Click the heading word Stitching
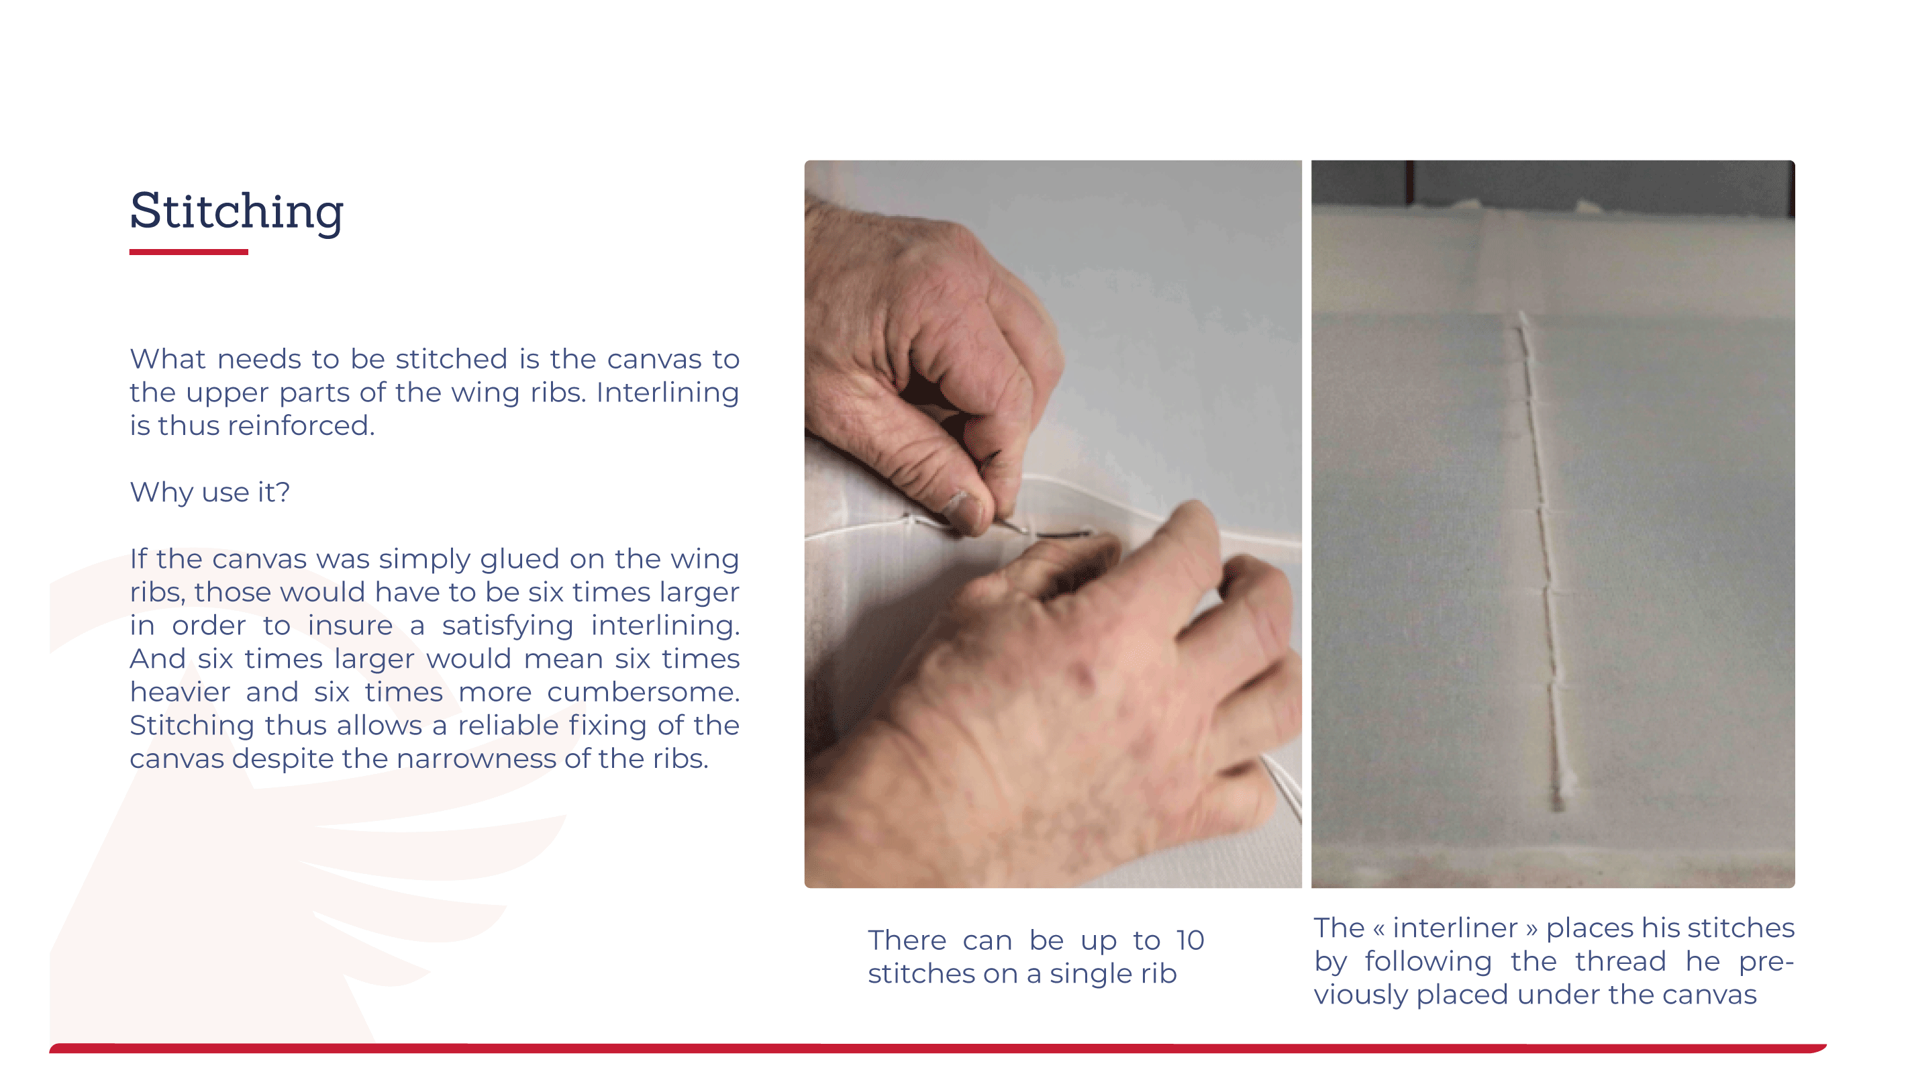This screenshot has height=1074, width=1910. pos(236,212)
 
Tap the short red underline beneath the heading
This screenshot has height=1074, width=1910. pos(189,252)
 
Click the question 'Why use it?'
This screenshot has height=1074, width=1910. pos(210,493)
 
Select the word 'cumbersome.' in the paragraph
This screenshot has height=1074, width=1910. pos(643,692)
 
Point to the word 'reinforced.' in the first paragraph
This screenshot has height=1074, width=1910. pos(301,426)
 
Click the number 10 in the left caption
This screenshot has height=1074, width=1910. pos(1190,940)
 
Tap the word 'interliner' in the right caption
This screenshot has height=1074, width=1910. pos(1455,928)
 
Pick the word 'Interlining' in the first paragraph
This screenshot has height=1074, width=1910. pos(667,393)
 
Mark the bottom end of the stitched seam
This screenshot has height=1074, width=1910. pos(1558,808)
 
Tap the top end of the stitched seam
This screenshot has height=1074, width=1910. pos(1522,315)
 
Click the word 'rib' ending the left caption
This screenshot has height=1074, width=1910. pos(1159,974)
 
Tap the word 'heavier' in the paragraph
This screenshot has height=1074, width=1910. pos(180,692)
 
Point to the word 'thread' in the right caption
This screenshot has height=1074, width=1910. pos(1620,961)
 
